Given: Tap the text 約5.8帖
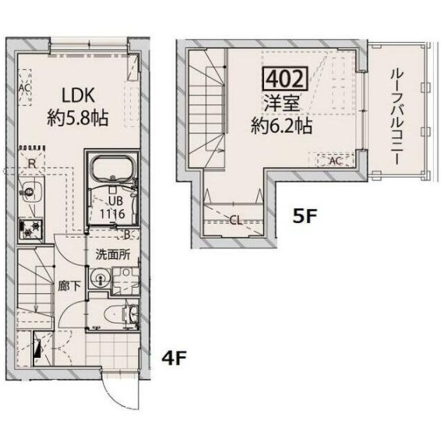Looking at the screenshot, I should [x=77, y=119].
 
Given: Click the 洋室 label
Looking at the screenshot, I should [x=280, y=103].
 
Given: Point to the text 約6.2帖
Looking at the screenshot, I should [x=281, y=125].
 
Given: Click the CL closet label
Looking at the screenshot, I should [x=235, y=220].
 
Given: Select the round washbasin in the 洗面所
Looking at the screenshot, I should [x=97, y=281].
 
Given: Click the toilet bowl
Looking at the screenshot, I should [x=118, y=314].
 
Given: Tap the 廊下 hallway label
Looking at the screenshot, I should [x=69, y=285].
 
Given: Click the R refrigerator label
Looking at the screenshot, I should [x=30, y=164].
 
